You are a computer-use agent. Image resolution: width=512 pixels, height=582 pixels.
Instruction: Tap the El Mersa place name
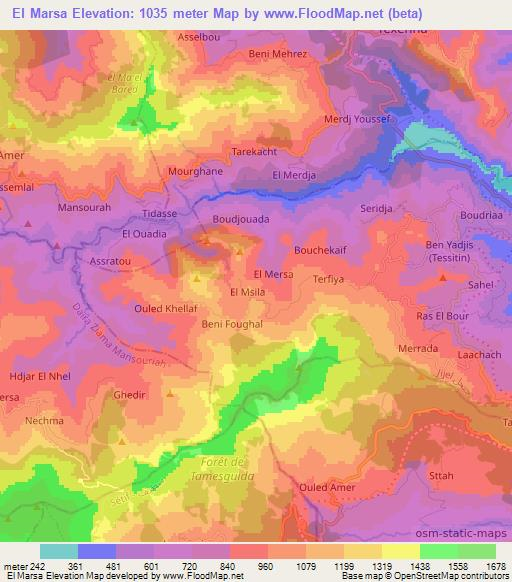[274, 273]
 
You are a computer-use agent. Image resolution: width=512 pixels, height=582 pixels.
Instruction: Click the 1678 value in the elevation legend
[493, 564]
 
